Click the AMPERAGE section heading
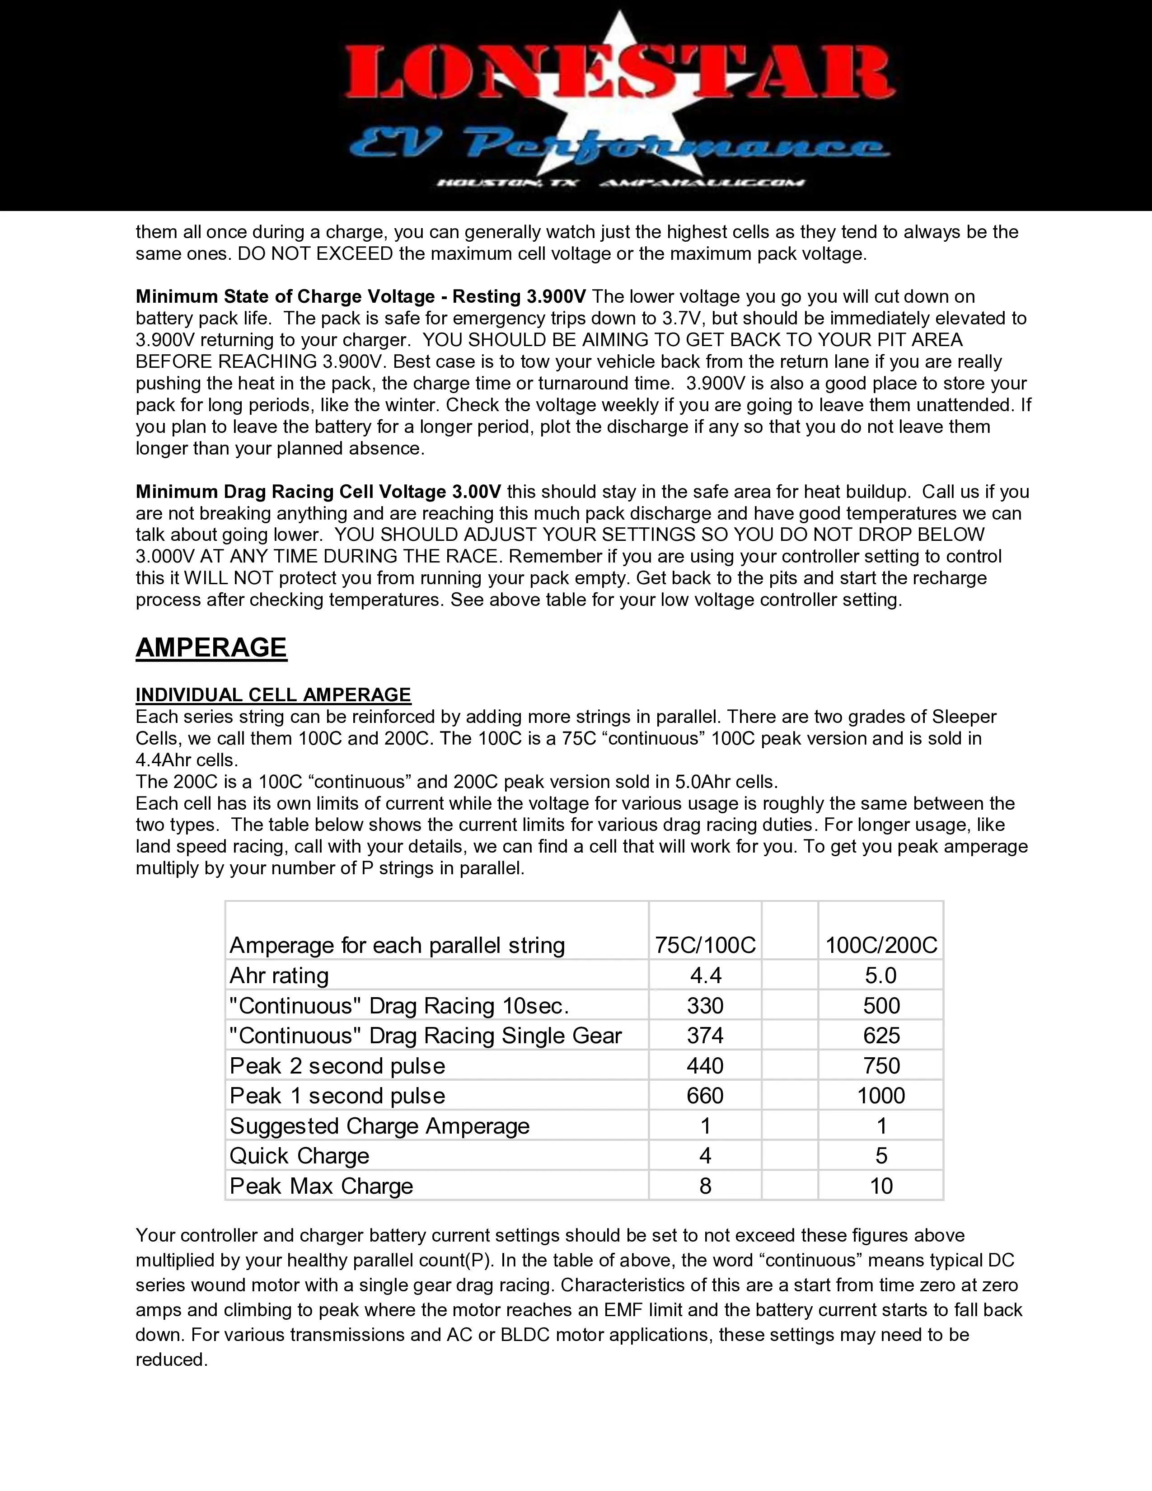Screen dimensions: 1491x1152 (211, 647)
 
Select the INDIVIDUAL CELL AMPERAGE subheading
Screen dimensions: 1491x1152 (273, 695)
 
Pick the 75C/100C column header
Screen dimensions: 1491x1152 (705, 946)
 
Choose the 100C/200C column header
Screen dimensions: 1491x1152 (881, 946)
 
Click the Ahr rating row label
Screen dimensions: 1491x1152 (279, 975)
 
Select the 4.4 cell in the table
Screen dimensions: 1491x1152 (705, 975)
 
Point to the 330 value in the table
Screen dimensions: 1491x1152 (705, 1006)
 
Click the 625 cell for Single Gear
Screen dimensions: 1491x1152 (881, 1036)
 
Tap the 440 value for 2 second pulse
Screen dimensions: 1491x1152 (705, 1066)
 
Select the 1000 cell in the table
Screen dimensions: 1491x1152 (881, 1096)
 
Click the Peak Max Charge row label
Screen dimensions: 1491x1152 (322, 1186)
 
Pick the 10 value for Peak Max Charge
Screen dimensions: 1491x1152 (881, 1186)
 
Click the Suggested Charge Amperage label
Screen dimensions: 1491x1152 (379, 1126)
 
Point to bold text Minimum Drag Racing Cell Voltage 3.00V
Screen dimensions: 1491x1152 (318, 492)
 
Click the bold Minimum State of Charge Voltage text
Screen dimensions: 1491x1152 (361, 296)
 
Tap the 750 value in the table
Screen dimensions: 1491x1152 (881, 1066)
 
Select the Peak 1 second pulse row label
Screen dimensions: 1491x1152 (337, 1096)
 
